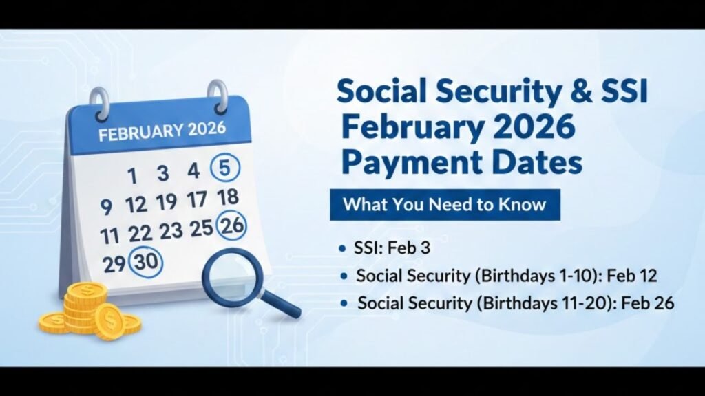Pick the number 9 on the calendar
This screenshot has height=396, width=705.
click(106, 207)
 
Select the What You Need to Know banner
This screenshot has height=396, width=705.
click(444, 204)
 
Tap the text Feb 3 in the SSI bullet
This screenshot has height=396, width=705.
click(414, 248)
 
